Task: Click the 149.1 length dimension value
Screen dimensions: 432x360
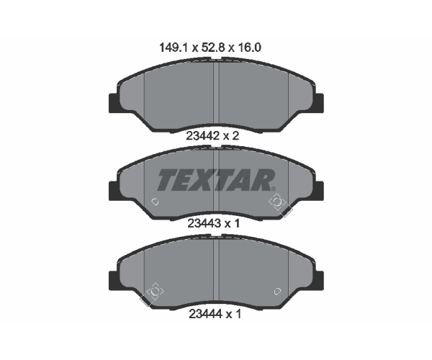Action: pyautogui.click(x=174, y=48)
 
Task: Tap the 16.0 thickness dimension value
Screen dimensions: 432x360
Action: pyautogui.click(x=248, y=48)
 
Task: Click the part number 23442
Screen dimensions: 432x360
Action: pyautogui.click(x=202, y=136)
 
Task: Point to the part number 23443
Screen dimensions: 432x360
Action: pyautogui.click(x=204, y=223)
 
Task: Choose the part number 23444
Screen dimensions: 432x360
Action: pyautogui.click(x=205, y=314)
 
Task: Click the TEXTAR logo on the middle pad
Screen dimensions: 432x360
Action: pyautogui.click(x=216, y=180)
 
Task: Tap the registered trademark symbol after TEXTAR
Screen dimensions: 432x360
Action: pyautogui.click(x=274, y=189)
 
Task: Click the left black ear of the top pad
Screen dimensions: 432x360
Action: pyautogui.click(x=114, y=103)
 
